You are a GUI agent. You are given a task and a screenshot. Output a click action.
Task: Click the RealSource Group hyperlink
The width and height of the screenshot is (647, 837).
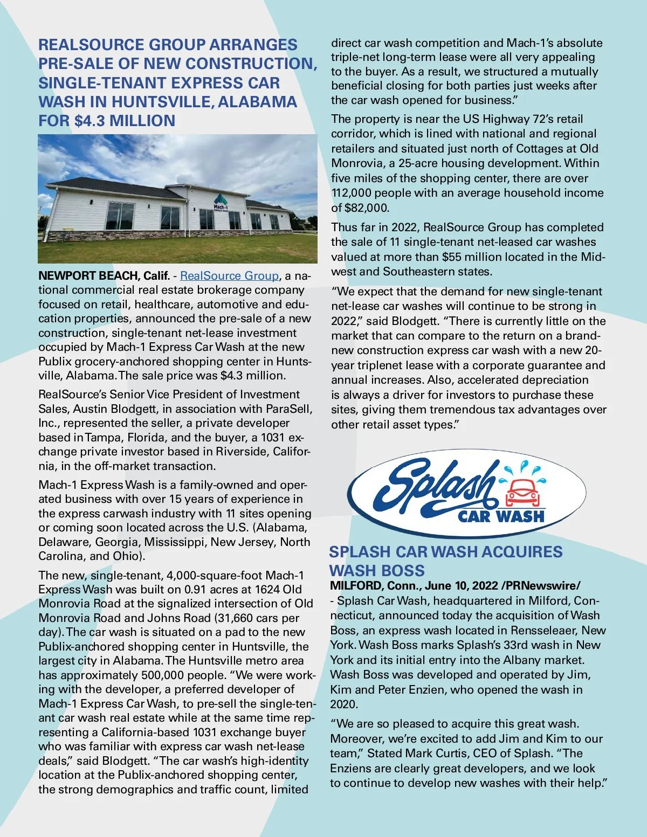pos(229,276)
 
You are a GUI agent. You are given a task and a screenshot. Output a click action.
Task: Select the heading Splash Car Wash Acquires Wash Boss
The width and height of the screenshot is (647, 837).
pos(445,561)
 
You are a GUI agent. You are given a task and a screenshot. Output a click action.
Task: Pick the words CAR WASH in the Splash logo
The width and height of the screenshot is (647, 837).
pos(501,517)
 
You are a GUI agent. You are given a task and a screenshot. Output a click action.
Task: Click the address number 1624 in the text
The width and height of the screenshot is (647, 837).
pos(268,590)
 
